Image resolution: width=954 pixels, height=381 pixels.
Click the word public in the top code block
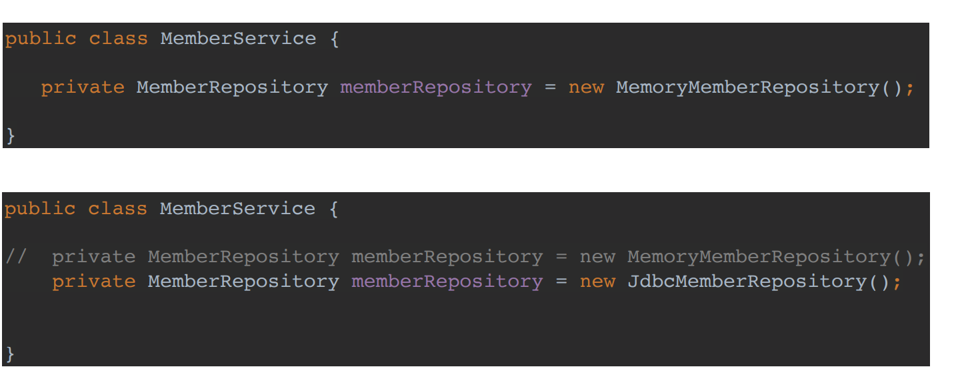[x=41, y=39]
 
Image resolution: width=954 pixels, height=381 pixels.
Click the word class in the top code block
[x=118, y=39]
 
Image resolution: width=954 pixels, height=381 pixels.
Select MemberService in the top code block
[x=238, y=39]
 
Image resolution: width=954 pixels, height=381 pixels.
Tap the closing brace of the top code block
[x=10, y=136]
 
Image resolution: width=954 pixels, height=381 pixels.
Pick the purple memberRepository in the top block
[x=436, y=87]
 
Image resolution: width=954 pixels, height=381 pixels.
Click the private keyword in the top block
[x=83, y=87]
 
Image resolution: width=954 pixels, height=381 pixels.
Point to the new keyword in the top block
[x=586, y=87]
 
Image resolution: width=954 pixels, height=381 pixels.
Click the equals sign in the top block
[x=550, y=87]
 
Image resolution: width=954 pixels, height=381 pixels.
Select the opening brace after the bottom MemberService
[x=333, y=209]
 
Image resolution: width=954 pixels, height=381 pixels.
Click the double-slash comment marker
[x=15, y=257]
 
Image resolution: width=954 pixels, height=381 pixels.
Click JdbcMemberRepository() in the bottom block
[x=758, y=282]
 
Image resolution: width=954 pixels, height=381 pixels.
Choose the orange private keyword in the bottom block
[x=94, y=282]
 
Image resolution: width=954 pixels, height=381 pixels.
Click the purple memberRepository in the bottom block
[x=447, y=282]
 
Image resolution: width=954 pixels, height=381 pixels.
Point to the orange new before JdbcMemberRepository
[x=597, y=282]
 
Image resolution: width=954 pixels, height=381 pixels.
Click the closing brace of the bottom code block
[x=10, y=354]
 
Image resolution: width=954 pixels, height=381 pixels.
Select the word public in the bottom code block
[x=40, y=209]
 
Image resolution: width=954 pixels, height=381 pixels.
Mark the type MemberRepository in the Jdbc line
[x=243, y=282]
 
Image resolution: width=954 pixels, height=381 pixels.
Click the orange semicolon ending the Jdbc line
[x=897, y=282]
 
